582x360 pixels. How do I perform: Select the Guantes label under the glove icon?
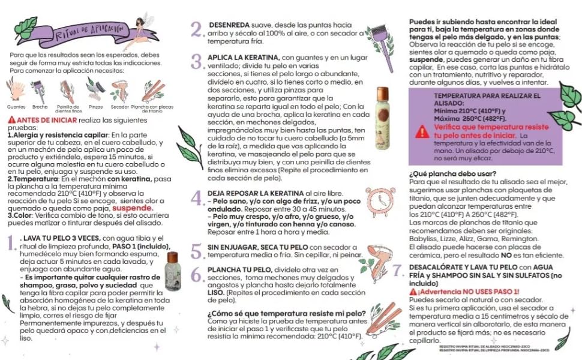pyautogui.click(x=16, y=106)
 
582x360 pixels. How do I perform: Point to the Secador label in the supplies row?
pyautogui.click(x=119, y=106)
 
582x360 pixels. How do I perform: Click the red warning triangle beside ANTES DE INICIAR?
pyautogui.click(x=12, y=120)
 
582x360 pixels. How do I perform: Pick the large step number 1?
pyautogui.click(x=12, y=243)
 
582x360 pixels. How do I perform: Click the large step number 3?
pyautogui.click(x=197, y=61)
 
